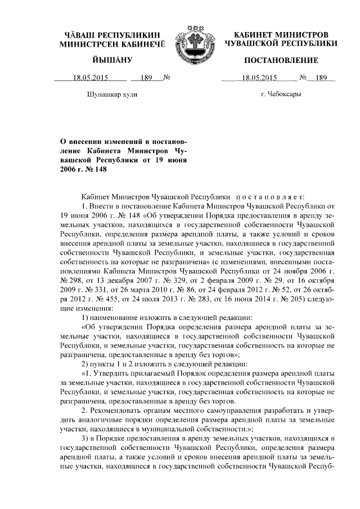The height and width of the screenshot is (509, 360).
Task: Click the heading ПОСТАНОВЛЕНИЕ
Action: (x=281, y=60)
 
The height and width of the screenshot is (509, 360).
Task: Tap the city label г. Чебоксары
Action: (x=281, y=94)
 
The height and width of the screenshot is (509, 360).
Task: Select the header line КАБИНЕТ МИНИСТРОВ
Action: (x=281, y=35)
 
